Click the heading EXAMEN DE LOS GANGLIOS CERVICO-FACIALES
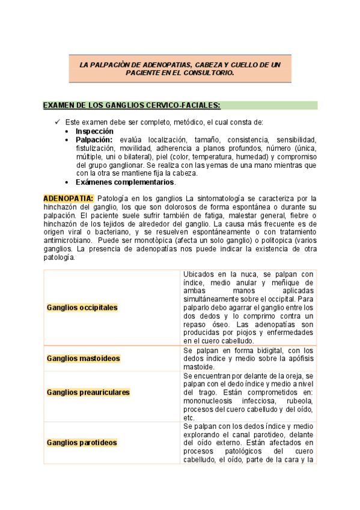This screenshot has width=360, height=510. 132,105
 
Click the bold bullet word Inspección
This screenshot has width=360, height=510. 94,131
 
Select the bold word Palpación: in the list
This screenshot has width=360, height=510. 94,139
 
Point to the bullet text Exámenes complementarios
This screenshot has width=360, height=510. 125,182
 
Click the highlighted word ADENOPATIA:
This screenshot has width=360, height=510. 69,198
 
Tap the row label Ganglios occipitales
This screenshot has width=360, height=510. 82,307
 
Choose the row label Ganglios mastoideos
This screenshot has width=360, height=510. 83,358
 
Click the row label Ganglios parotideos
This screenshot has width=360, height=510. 82,443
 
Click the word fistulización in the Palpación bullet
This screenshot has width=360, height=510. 96,148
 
